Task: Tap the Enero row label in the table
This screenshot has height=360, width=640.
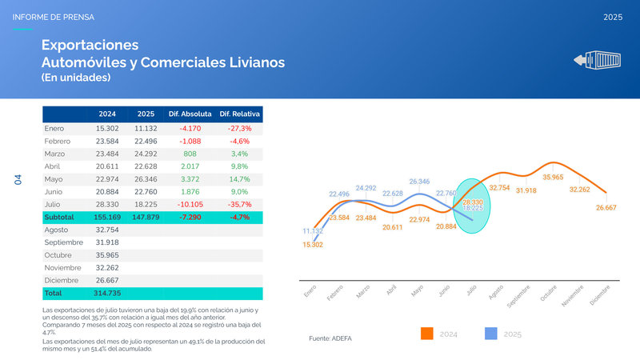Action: coord(55,128)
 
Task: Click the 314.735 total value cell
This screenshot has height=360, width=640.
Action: coord(107,294)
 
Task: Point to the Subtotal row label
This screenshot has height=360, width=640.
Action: coord(59,217)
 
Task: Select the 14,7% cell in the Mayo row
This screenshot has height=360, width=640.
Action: coord(240,178)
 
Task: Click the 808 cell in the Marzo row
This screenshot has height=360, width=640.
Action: coord(190,154)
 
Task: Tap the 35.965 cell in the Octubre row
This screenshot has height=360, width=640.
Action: coord(107,255)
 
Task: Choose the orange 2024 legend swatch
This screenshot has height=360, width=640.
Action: coord(426,334)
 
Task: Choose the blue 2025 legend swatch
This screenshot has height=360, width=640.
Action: coord(492,334)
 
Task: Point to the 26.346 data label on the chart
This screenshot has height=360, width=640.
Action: coord(419,182)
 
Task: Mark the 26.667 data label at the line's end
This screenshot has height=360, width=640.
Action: coord(606,208)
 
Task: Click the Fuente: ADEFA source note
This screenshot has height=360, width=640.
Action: coord(330,338)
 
